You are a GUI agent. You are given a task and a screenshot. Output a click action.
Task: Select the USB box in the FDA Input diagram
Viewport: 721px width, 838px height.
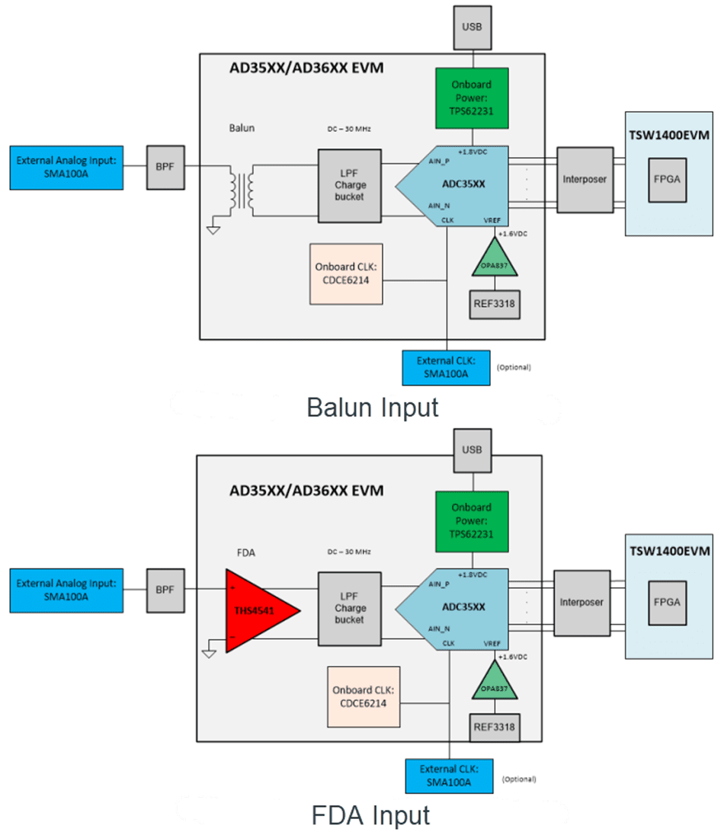471,448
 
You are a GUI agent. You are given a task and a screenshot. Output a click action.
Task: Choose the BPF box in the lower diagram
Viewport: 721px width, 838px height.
165,589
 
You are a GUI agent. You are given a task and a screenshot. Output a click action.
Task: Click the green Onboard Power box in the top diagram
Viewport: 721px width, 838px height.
473,98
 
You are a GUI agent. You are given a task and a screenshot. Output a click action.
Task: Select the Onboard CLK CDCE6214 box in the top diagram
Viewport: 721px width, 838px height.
346,273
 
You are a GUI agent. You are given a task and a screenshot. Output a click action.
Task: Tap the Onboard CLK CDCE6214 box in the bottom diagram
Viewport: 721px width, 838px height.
364,697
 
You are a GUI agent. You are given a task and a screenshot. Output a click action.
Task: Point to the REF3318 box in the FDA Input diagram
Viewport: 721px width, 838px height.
493,728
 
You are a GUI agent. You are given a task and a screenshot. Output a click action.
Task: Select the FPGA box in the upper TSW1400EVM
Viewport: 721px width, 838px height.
668,180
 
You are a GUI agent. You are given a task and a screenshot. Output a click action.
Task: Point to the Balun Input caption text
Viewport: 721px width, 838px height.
373,408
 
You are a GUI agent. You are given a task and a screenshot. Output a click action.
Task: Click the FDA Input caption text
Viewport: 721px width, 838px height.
371,815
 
